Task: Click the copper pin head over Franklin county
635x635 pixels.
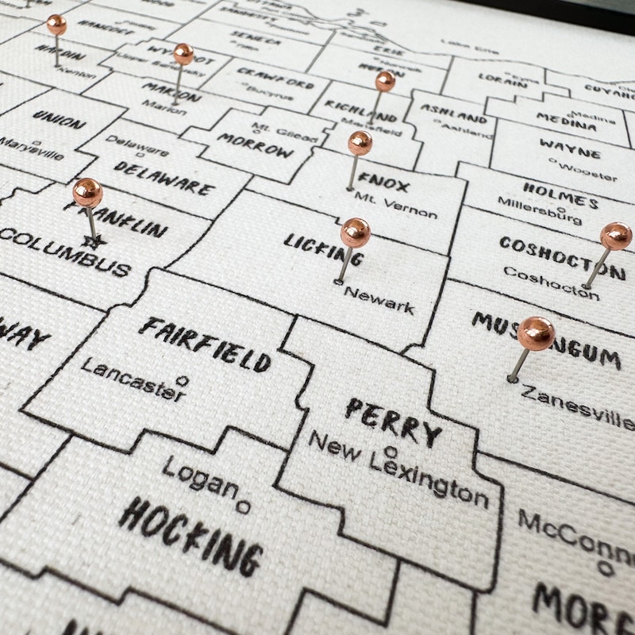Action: tap(87, 192)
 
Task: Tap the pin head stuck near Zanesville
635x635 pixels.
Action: tap(536, 334)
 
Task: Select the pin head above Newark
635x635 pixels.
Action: tap(355, 233)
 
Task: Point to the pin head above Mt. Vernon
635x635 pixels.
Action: tap(360, 143)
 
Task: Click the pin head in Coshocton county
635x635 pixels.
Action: tap(615, 236)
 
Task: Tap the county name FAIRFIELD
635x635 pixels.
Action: tap(205, 344)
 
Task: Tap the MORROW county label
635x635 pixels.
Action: tap(256, 145)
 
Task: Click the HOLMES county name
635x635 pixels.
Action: tap(560, 194)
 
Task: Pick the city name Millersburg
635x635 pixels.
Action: tap(540, 210)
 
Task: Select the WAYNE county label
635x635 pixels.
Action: tap(570, 148)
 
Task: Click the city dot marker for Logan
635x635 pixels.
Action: tap(244, 506)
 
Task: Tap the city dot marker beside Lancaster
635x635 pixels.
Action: tap(182, 381)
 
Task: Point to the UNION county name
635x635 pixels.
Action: tap(59, 121)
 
